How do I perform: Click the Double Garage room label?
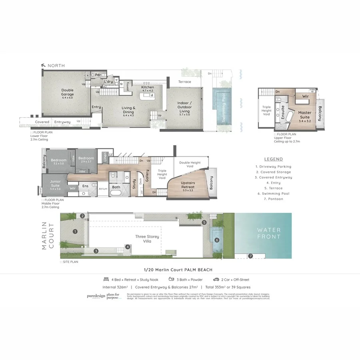tap(67, 92)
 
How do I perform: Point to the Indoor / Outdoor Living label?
tap(185, 105)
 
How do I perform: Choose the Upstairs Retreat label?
tap(188, 185)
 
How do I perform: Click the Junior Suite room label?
tap(55, 184)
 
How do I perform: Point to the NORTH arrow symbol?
tap(43, 65)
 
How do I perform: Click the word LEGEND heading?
tap(273, 159)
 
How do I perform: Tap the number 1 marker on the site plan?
tap(75, 231)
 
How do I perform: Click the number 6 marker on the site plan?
tap(217, 240)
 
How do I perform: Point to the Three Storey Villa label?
tap(147, 239)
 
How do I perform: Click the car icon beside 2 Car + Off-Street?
tap(216, 280)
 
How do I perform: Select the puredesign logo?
tap(96, 296)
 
